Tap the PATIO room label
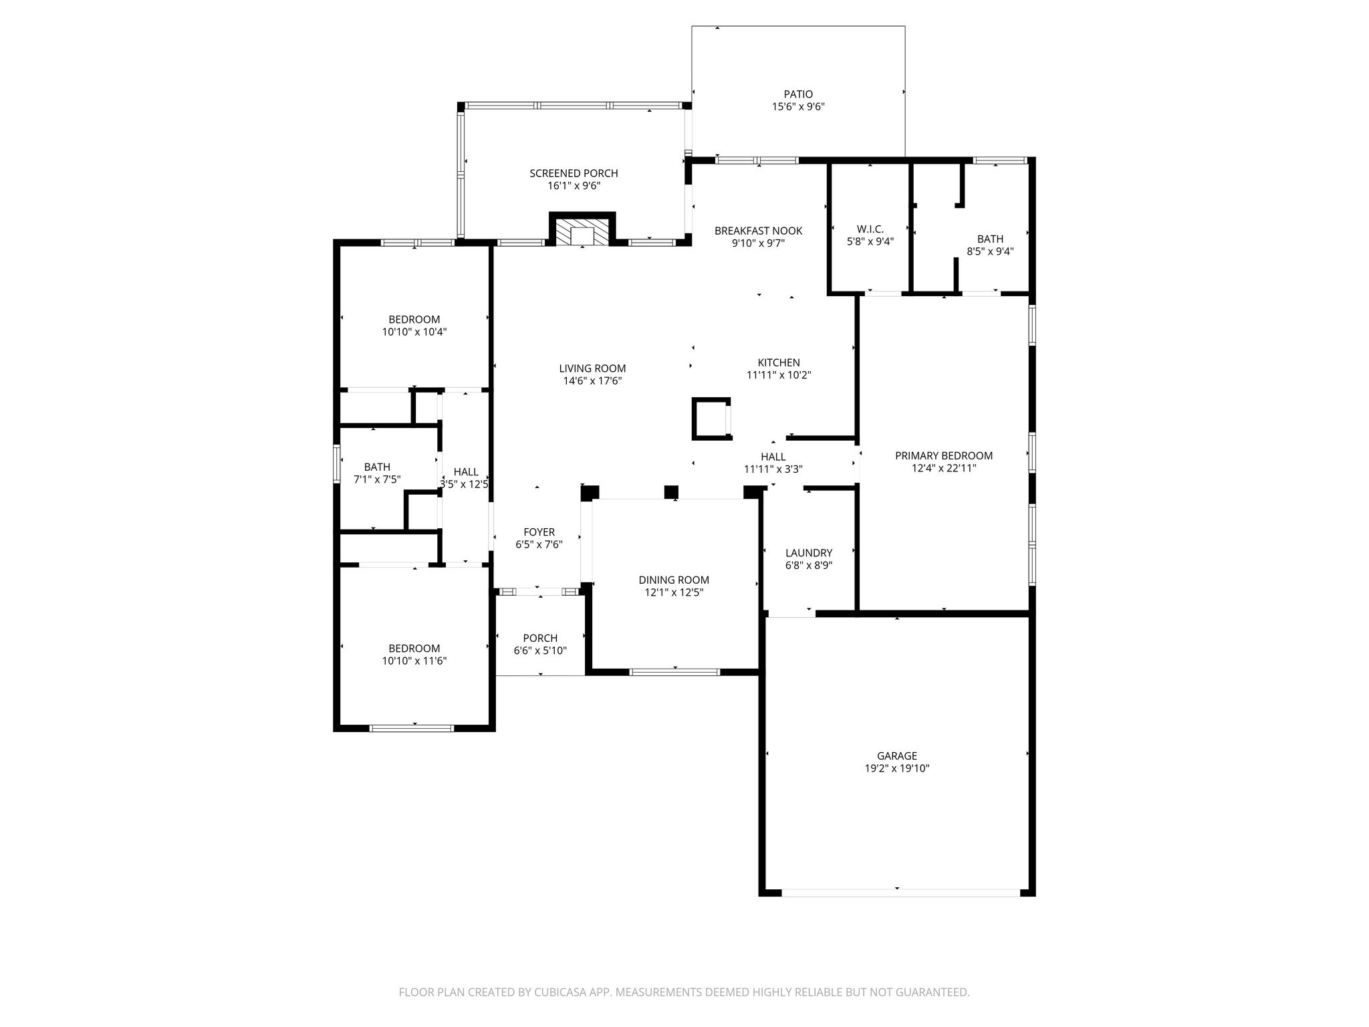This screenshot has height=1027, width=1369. (x=798, y=94)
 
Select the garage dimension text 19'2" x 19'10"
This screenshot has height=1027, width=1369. (x=897, y=769)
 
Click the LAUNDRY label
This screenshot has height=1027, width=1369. (x=809, y=553)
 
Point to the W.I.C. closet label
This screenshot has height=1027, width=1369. (x=870, y=229)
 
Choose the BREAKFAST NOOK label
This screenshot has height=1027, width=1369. (x=758, y=231)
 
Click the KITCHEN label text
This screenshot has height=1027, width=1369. (x=779, y=363)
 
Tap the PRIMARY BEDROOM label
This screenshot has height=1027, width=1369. (x=944, y=456)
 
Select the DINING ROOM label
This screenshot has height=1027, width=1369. (x=674, y=580)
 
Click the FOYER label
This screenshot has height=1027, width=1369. (x=539, y=532)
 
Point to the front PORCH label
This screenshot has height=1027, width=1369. (x=540, y=639)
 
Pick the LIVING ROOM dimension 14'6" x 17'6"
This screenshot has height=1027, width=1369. (x=592, y=381)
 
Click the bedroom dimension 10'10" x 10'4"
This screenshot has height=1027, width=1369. (x=414, y=332)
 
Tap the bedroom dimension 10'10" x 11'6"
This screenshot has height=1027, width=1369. (x=414, y=661)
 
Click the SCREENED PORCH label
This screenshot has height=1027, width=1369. (x=574, y=174)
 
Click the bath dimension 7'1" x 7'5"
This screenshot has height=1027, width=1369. (x=377, y=479)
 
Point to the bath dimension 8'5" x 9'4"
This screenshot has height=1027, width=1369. (x=990, y=252)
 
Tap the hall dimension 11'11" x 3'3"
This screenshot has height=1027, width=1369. (x=773, y=469)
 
